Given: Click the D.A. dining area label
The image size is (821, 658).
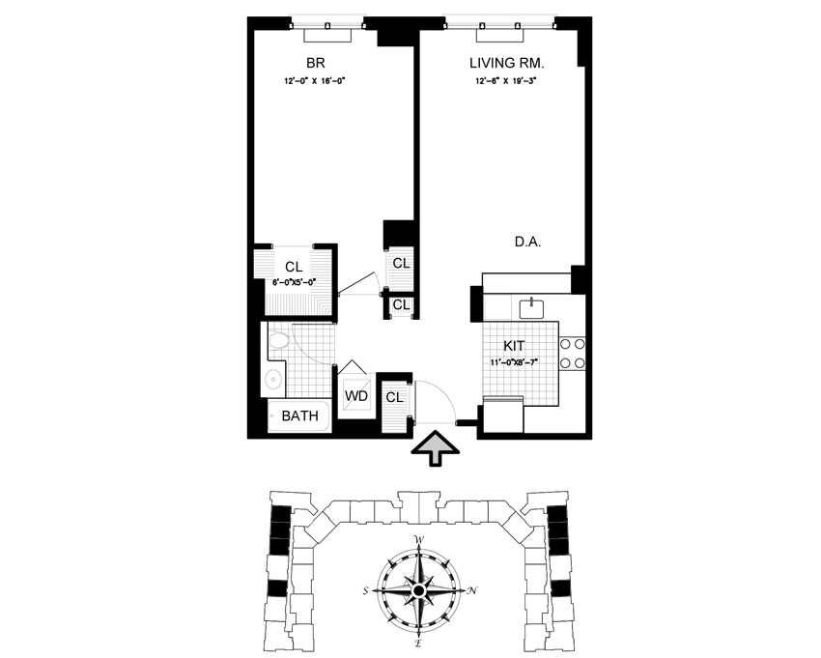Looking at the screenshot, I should (x=526, y=243).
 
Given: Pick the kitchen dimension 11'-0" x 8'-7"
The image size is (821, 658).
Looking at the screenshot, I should (x=518, y=362).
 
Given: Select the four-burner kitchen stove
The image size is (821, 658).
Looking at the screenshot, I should (x=572, y=353).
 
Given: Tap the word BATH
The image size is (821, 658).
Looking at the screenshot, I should (x=299, y=417).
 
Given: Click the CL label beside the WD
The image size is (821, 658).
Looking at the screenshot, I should (x=394, y=396).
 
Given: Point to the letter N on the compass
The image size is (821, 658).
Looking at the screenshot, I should (x=471, y=589).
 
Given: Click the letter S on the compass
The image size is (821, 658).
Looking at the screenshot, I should (x=366, y=590).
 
